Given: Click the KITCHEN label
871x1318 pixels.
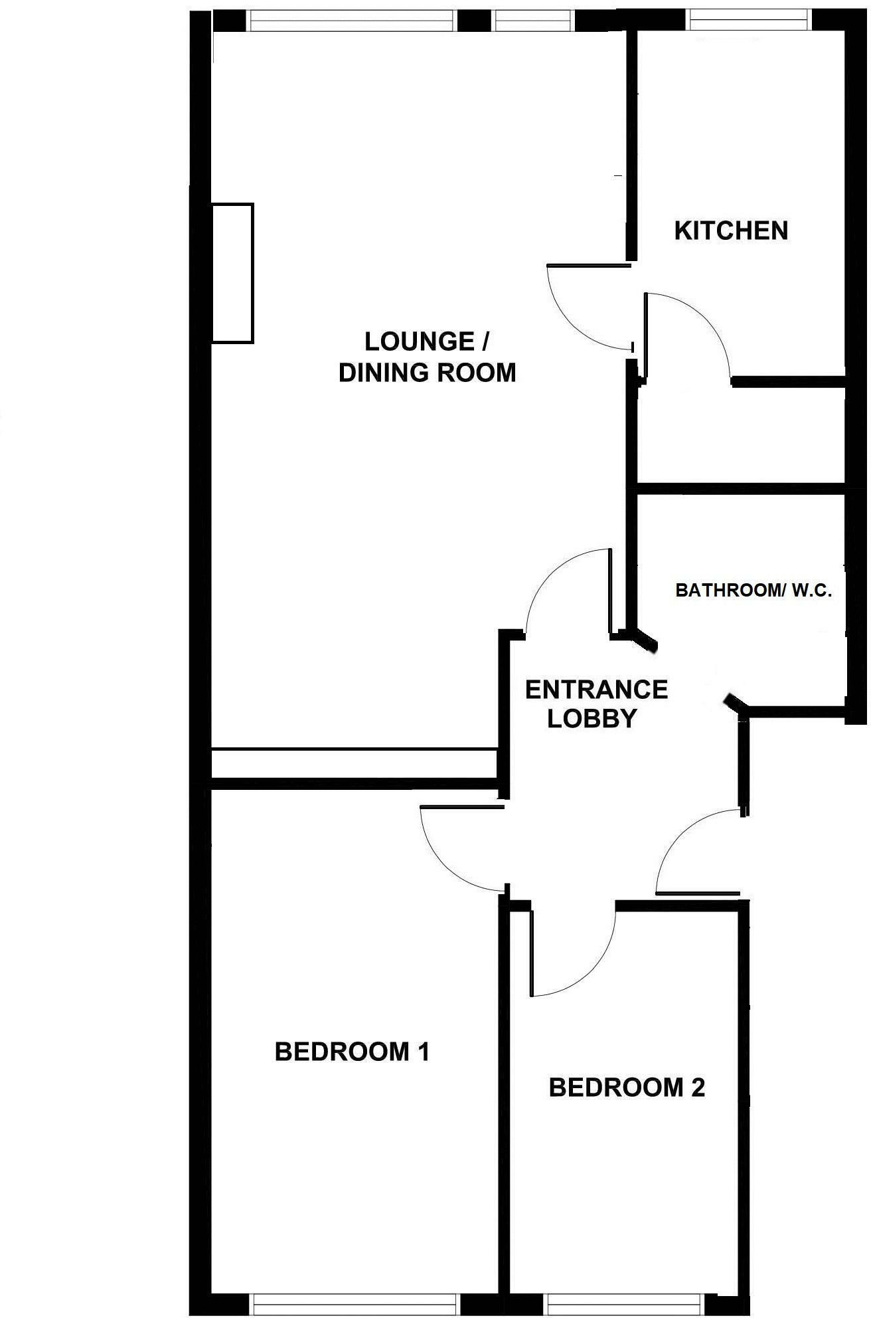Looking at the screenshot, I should tap(731, 231).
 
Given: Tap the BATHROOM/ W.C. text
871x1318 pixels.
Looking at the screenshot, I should tap(753, 591).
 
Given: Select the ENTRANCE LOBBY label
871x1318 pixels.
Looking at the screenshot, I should tap(595, 704).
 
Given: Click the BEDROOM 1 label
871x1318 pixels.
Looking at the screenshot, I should tap(352, 1052).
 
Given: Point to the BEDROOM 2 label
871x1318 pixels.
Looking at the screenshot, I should tap(627, 1088).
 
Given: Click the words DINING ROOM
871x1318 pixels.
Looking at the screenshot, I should tap(427, 373).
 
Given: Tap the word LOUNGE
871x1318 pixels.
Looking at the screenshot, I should tap(419, 342).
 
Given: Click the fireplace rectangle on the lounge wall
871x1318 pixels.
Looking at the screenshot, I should tap(232, 273).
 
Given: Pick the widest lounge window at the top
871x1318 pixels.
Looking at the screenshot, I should tap(353, 22).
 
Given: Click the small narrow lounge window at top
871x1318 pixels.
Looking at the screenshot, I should tap(532, 22).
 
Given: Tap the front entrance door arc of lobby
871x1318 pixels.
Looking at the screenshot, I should tap(684, 837).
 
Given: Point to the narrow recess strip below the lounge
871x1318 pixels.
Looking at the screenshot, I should tap(354, 763).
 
